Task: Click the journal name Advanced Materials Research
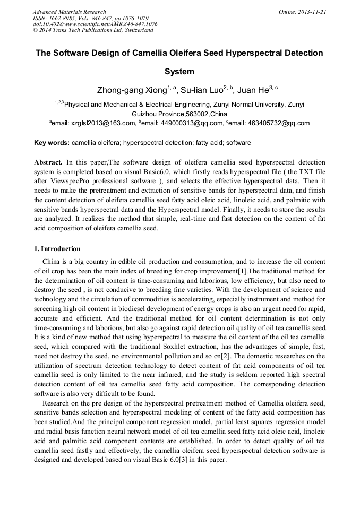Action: tap(69, 12)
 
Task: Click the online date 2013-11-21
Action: tap(314, 12)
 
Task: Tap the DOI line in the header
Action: tap(95, 24)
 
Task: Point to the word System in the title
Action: tap(179, 72)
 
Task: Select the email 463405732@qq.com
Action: tap(275, 123)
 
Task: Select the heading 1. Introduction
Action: tap(57, 249)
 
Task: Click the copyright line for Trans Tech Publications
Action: tap(93, 30)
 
